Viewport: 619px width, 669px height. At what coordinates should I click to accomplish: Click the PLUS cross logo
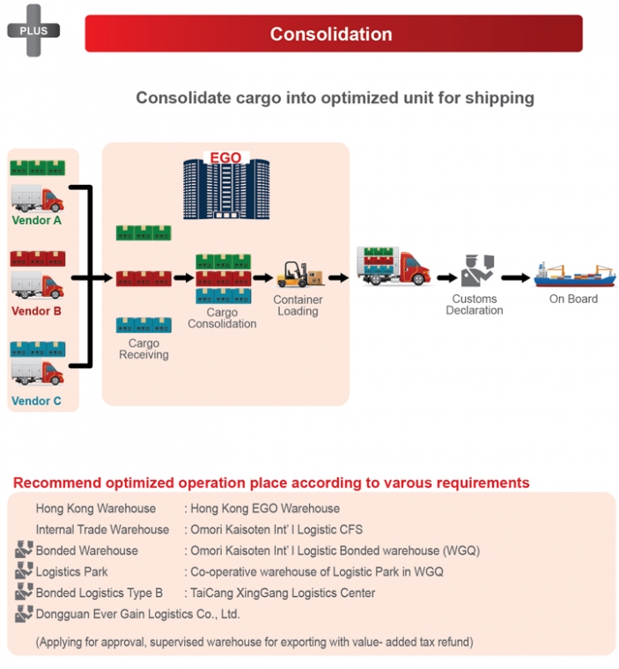[33, 30]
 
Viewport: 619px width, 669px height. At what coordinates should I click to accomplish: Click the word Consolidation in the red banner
[331, 34]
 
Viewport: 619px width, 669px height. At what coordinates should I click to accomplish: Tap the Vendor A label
[37, 220]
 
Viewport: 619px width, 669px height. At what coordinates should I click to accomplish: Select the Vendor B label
[36, 311]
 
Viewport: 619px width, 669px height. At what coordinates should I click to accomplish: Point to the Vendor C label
[36, 401]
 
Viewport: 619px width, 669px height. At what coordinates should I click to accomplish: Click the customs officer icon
[477, 270]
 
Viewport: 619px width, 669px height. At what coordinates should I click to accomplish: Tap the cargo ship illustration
[575, 276]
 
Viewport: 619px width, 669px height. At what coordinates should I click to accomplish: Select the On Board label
[573, 298]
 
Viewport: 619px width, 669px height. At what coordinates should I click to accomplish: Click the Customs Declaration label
[475, 305]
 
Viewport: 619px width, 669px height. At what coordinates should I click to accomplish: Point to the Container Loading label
[298, 305]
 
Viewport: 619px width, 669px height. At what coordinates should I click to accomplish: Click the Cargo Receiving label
[144, 349]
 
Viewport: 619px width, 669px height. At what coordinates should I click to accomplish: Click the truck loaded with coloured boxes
[394, 266]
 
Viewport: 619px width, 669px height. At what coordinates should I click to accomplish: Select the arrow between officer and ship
[515, 278]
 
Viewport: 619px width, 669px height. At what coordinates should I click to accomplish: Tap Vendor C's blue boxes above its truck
[38, 349]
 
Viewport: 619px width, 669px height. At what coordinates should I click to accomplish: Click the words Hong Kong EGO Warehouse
[265, 508]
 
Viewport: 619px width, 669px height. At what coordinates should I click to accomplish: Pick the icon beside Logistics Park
[24, 570]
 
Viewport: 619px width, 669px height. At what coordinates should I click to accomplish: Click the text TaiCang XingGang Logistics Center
[283, 592]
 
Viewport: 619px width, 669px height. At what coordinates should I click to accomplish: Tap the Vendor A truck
[38, 198]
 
